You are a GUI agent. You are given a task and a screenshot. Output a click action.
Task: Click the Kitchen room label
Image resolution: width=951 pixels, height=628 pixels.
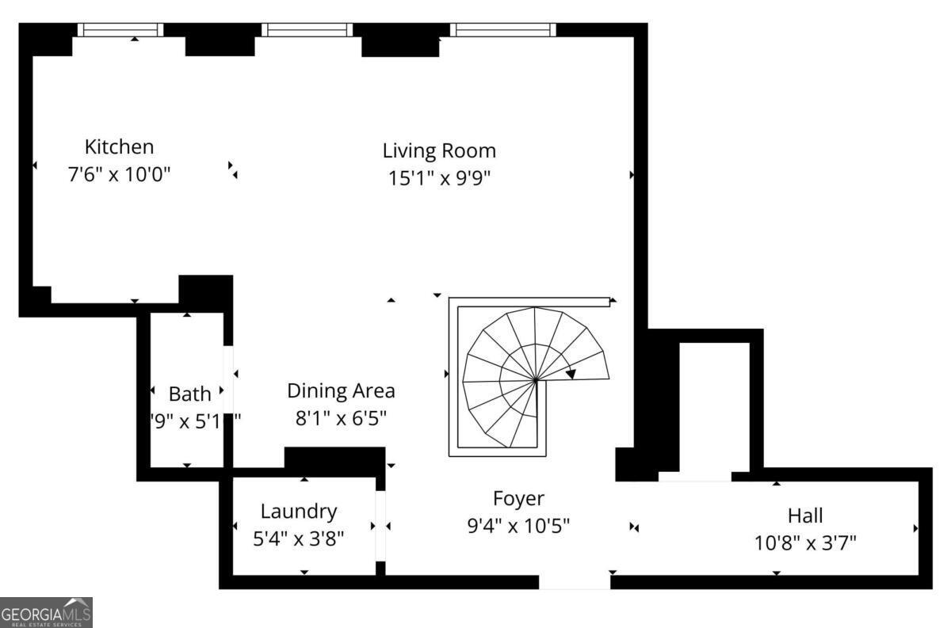119,147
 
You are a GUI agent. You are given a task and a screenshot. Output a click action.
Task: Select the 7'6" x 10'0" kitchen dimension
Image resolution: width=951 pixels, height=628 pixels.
119,174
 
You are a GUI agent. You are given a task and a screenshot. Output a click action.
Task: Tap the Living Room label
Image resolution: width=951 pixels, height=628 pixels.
439,150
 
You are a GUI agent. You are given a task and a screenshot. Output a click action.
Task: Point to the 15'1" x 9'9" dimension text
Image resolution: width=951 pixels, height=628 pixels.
439,178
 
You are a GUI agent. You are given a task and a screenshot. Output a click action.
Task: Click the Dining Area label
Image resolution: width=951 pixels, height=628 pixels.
341,390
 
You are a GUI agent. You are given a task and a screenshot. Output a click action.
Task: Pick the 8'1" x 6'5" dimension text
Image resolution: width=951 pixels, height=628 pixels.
341,417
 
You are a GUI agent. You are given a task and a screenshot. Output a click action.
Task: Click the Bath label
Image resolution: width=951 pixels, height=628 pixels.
190,394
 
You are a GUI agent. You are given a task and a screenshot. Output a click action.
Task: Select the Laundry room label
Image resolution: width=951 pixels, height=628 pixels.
299,512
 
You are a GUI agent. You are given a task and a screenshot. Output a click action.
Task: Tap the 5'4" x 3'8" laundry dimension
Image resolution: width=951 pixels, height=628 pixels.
299,539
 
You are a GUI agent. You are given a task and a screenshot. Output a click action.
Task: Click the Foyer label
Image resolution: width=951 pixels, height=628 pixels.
518,498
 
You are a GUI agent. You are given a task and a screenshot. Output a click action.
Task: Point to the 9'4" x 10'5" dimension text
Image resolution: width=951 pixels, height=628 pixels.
518,525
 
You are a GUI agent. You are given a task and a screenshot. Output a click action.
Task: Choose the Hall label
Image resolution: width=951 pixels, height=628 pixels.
805,516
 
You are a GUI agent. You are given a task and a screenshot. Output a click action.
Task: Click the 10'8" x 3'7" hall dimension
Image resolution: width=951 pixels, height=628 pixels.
805,542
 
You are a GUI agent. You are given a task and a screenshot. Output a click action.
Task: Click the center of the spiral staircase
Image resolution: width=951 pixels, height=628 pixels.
537,380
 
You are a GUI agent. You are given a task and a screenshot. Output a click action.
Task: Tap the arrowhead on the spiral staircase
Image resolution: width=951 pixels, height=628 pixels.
571,374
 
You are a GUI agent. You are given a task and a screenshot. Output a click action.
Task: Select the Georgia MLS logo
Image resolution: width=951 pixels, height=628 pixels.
46,612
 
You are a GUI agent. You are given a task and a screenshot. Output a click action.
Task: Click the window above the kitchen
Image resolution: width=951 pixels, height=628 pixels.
120,29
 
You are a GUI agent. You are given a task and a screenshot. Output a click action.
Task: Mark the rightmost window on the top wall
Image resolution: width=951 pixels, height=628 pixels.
503,29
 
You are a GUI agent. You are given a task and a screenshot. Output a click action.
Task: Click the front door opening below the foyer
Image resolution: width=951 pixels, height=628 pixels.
575,582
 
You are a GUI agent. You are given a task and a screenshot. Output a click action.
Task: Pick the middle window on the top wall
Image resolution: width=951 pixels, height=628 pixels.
307,29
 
